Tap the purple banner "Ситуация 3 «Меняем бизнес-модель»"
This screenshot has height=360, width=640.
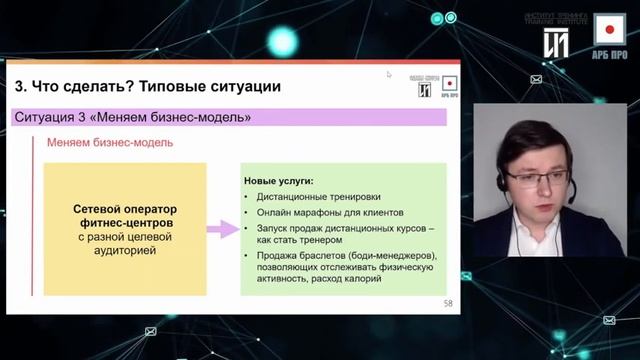tap(133, 118)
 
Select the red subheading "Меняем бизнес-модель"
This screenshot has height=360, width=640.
tap(110, 142)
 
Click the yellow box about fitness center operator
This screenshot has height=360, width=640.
tap(125, 229)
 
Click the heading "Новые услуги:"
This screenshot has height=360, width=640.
tap(278, 181)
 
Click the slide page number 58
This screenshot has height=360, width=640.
tap(447, 302)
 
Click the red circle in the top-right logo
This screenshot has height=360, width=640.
tap(609, 31)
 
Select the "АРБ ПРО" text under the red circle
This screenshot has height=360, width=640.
tap(609, 57)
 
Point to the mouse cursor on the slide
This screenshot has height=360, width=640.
tap(389, 74)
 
